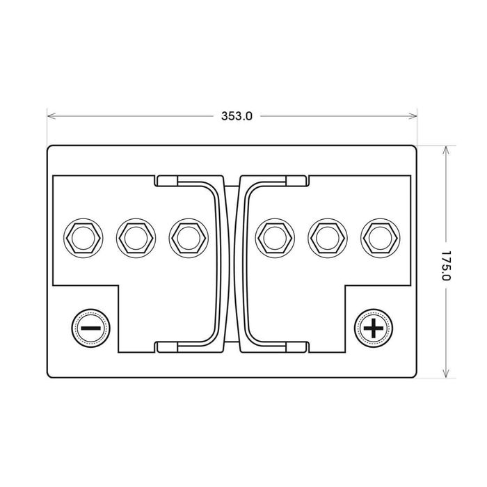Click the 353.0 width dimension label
pos(237,116)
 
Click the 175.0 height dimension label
pos(446,265)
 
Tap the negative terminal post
pos(91,328)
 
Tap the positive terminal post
pos(374,328)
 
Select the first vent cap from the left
pos(83,238)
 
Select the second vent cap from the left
pos(136,238)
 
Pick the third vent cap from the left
pos(189,238)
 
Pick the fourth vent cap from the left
pos(275,238)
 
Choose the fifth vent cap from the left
pos(328,238)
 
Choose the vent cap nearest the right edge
pos(381,238)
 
